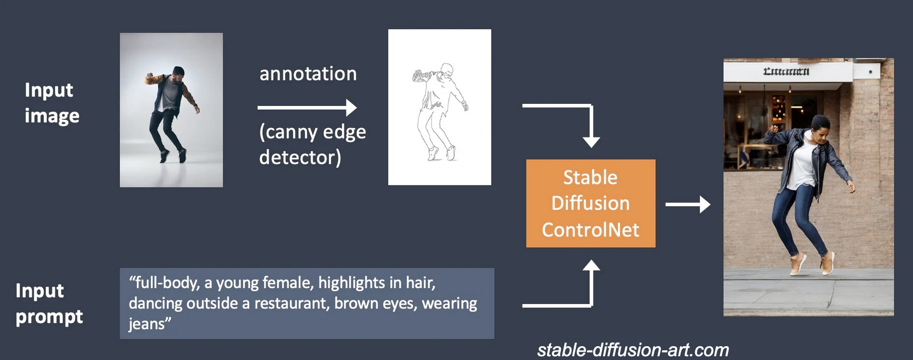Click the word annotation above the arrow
pos(308,73)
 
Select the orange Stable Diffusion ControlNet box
pos(590,203)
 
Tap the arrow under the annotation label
pos(307,108)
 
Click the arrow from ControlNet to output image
pos(687,204)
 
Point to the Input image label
pos(51,103)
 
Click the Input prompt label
pos(48,304)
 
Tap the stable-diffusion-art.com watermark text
pos(633,350)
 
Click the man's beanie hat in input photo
pos(178,70)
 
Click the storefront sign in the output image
pos(786,71)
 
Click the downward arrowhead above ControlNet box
pos(591,142)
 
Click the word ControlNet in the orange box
pos(590,230)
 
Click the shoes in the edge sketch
pos(442,154)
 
